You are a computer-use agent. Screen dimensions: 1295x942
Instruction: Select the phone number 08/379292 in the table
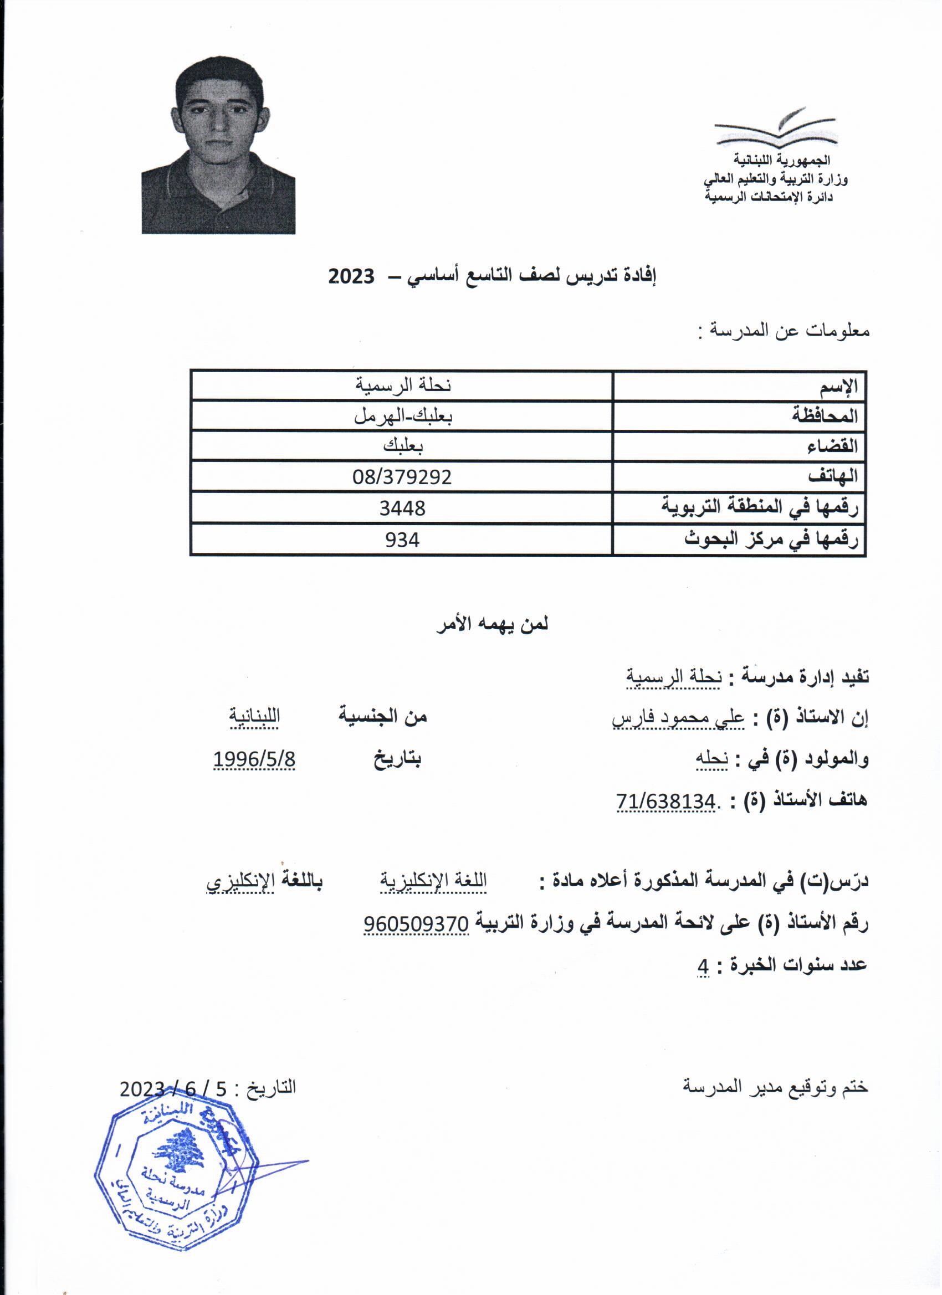point(402,476)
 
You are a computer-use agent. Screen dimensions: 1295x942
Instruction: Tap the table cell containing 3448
point(402,507)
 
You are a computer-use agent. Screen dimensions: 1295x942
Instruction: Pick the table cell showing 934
point(402,539)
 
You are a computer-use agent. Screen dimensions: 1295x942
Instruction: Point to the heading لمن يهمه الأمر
point(492,624)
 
